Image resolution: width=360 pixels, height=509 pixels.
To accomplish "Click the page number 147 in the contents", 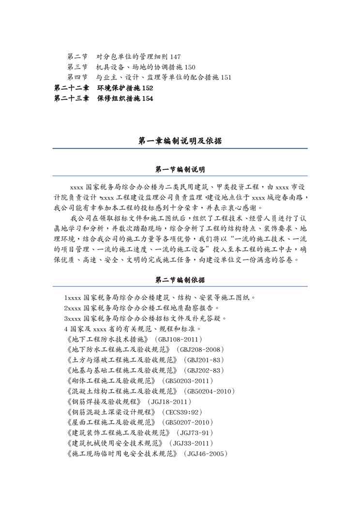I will click(x=176, y=57).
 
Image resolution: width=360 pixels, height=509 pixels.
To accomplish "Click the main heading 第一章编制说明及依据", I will click(x=180, y=141).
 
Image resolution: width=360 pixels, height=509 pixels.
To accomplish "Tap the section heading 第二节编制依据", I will click(x=180, y=280).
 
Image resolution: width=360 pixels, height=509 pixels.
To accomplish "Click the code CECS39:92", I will click(x=182, y=412).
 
